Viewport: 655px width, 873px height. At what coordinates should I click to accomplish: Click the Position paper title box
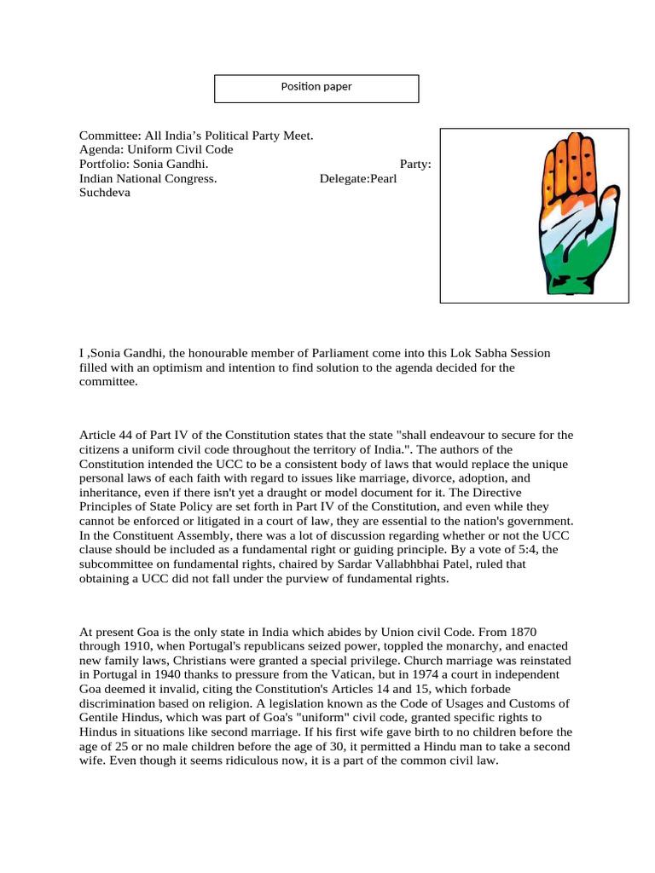[316, 88]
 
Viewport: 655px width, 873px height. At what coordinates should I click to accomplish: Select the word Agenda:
[101, 150]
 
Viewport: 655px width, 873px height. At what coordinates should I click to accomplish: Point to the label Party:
[414, 164]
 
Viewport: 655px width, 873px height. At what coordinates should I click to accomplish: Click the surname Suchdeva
[105, 193]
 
